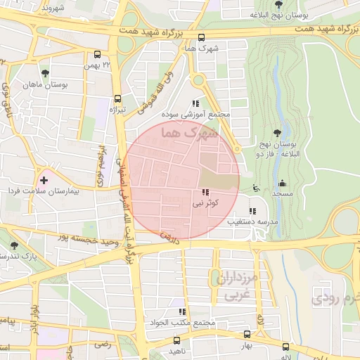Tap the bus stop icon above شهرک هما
point(202,38)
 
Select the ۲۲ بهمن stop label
point(98,65)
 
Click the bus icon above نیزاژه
point(117,99)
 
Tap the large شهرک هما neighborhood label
point(190,131)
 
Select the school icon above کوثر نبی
point(205,193)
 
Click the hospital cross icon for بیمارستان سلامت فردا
point(44,181)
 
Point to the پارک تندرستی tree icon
point(15,245)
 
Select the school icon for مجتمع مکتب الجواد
point(181,311)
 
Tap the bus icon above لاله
point(285,347)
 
